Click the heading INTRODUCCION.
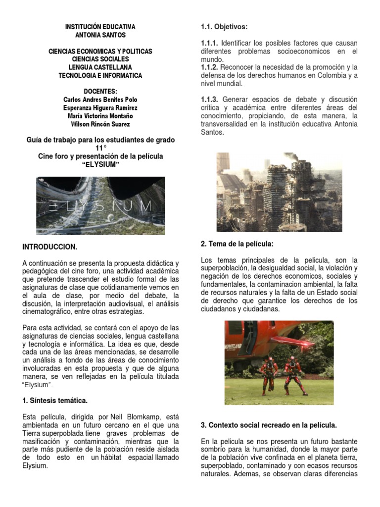[50, 246]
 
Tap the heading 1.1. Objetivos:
[224, 26]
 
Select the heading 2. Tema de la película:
[237, 244]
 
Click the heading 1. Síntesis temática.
[55, 400]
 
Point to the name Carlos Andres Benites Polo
[100, 100]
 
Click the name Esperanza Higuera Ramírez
[100, 107]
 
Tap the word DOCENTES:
[100, 92]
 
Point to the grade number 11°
[100, 148]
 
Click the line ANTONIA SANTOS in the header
[100, 35]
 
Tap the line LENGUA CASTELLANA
[100, 67]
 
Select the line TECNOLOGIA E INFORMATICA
[100, 75]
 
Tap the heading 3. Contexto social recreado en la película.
[269, 425]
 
